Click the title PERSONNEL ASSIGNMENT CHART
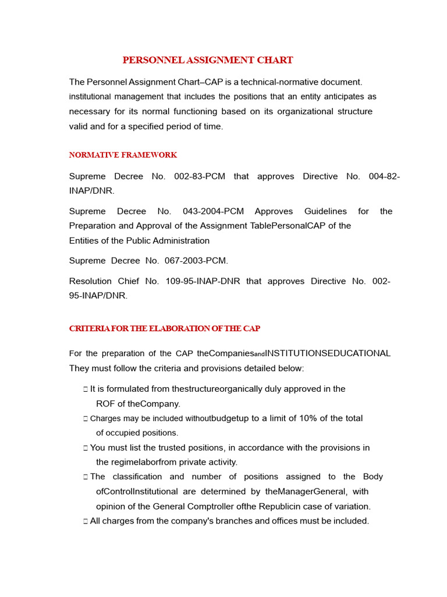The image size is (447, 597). point(208,60)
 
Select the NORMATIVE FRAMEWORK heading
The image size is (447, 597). point(123,155)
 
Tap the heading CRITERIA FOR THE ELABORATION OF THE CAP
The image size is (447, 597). point(165,329)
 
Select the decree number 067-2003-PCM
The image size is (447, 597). point(194,261)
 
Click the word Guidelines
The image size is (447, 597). point(325,212)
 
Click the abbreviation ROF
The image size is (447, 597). point(105,403)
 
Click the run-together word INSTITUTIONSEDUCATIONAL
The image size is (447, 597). point(328,353)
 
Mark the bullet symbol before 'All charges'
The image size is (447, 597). point(86,521)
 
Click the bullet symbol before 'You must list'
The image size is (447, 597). point(86,448)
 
